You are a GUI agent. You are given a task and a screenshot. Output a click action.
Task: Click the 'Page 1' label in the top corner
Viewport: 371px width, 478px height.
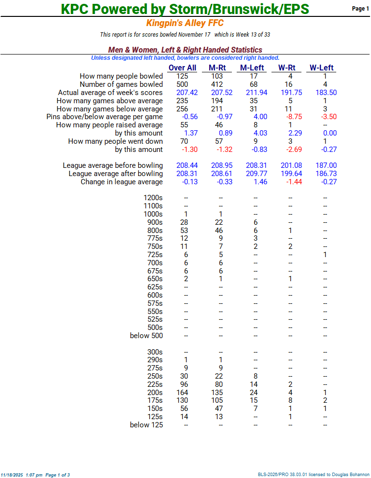[x=360, y=9]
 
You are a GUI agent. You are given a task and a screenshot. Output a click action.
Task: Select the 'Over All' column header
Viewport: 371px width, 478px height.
[x=182, y=68]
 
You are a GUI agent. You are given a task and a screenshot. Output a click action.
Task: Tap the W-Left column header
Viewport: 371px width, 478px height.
[x=322, y=68]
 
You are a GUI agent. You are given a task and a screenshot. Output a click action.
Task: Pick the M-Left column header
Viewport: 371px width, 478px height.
[x=253, y=68]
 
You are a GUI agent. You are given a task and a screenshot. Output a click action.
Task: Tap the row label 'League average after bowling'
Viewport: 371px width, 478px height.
[x=115, y=174]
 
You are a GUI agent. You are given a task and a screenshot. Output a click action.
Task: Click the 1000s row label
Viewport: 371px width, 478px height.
[x=153, y=214]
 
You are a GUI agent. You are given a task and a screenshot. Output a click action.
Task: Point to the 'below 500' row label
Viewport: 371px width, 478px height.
[x=146, y=336]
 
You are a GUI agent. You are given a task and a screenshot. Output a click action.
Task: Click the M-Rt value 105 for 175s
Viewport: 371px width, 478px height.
[x=220, y=400]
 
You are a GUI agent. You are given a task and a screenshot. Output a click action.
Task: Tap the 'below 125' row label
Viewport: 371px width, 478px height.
[x=146, y=425]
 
